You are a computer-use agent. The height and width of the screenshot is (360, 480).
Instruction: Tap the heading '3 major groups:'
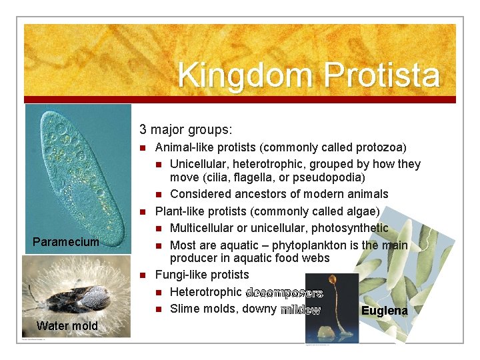coord(185,129)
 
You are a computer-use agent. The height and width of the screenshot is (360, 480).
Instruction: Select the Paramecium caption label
coord(66,241)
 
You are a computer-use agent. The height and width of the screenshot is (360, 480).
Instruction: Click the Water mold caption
coord(67,325)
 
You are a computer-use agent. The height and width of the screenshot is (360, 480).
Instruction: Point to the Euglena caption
coord(384,311)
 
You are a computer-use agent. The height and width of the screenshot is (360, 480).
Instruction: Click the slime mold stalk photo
coord(331,307)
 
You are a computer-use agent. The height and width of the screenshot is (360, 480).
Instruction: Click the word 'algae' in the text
coord(360,211)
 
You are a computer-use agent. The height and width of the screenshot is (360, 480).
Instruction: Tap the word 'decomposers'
coord(284,292)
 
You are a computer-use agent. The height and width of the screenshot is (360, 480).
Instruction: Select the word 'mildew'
coord(300,309)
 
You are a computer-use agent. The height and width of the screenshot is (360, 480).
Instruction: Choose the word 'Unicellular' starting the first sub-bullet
coord(200,163)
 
